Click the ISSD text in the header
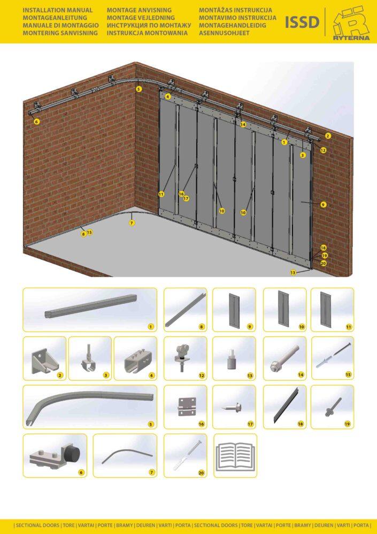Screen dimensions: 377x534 pos(302,22)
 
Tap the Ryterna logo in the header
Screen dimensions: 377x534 pos(351,23)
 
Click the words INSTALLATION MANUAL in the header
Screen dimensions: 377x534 pos(57,10)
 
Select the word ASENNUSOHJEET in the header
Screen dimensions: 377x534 pos(224,33)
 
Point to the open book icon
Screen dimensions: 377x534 pos(235,456)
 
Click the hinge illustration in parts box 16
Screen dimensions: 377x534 pos(187,407)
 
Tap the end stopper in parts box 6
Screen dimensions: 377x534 pos(55,455)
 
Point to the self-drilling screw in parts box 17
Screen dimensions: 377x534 pos(233,407)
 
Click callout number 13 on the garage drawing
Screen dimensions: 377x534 pos(293,273)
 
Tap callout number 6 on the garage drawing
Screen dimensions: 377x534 pos(37,121)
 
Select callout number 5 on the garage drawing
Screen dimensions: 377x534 pos(139,89)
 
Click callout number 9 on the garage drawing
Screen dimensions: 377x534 pos(324,205)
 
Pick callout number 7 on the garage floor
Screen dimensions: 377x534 pos(132,223)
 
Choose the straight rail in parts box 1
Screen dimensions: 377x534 pos(90,306)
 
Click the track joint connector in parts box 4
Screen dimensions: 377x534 pos(137,359)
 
